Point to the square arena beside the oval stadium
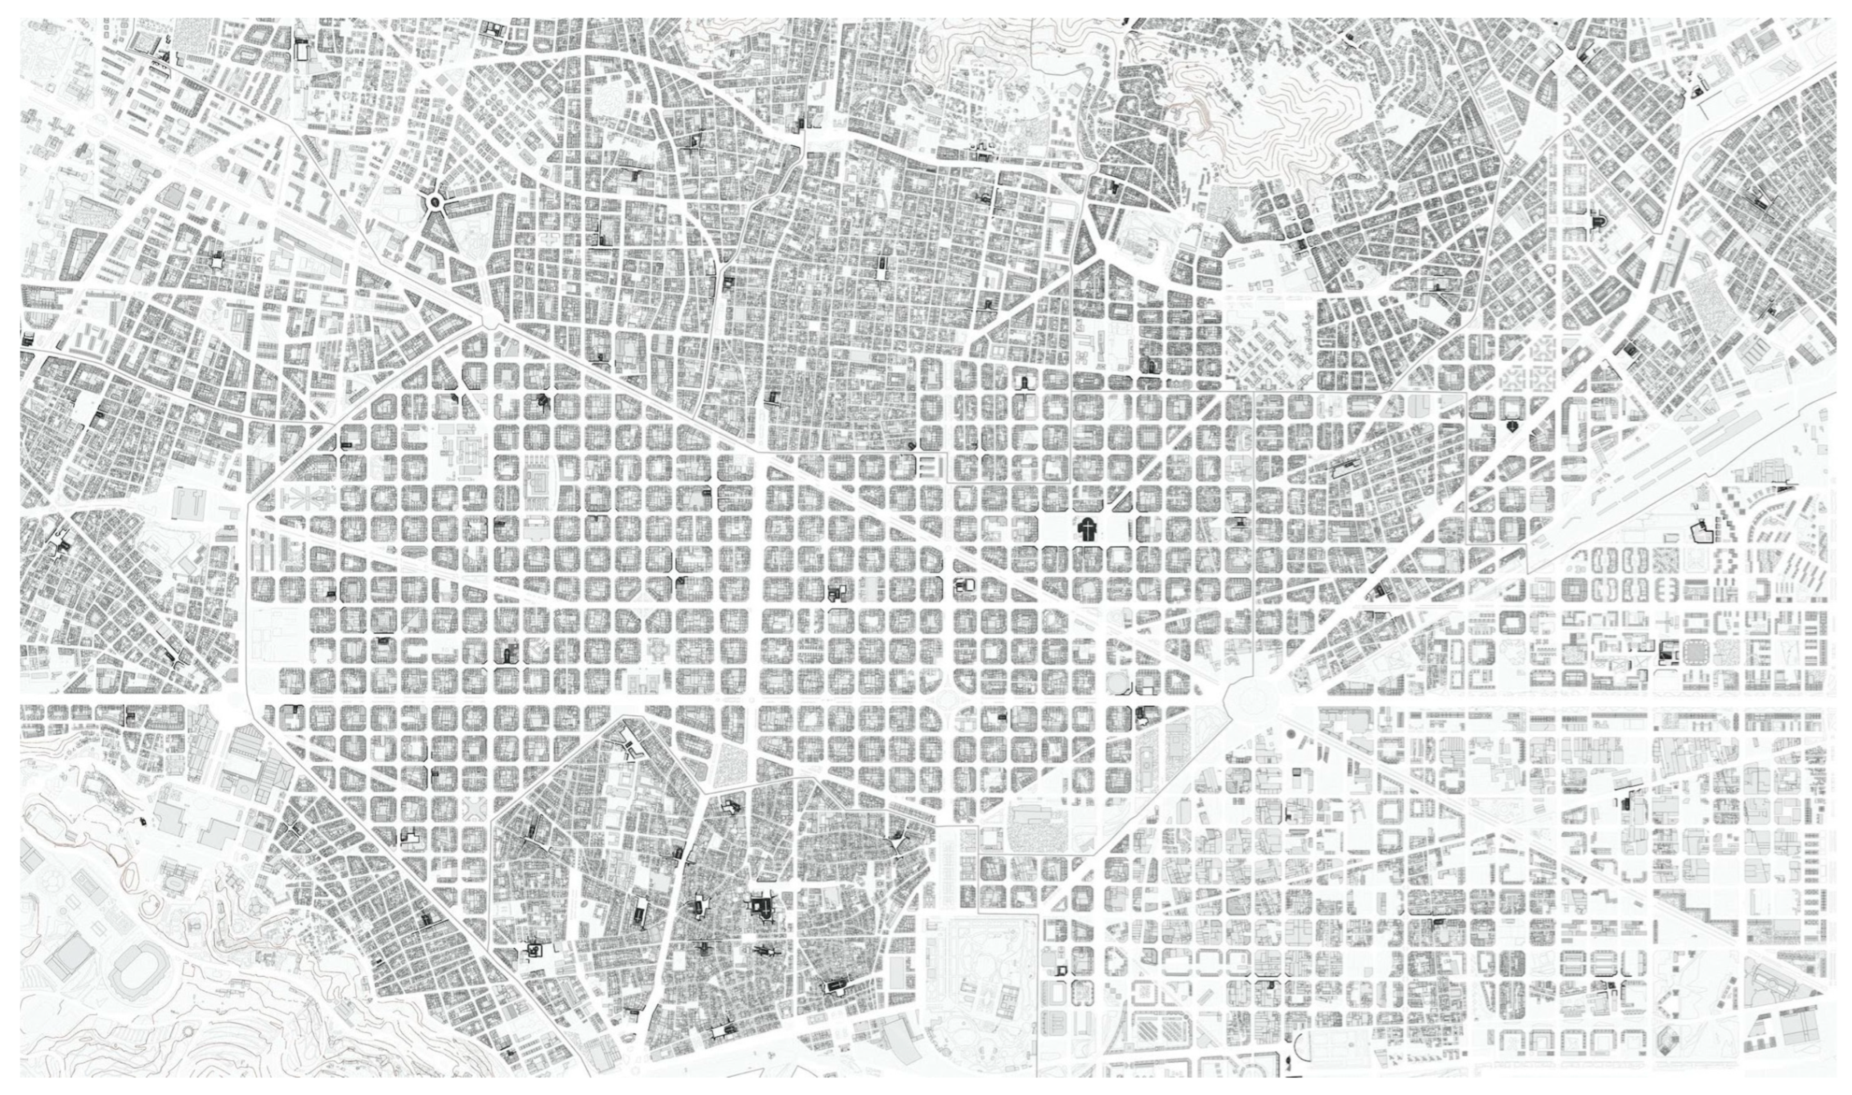click(x=70, y=959)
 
